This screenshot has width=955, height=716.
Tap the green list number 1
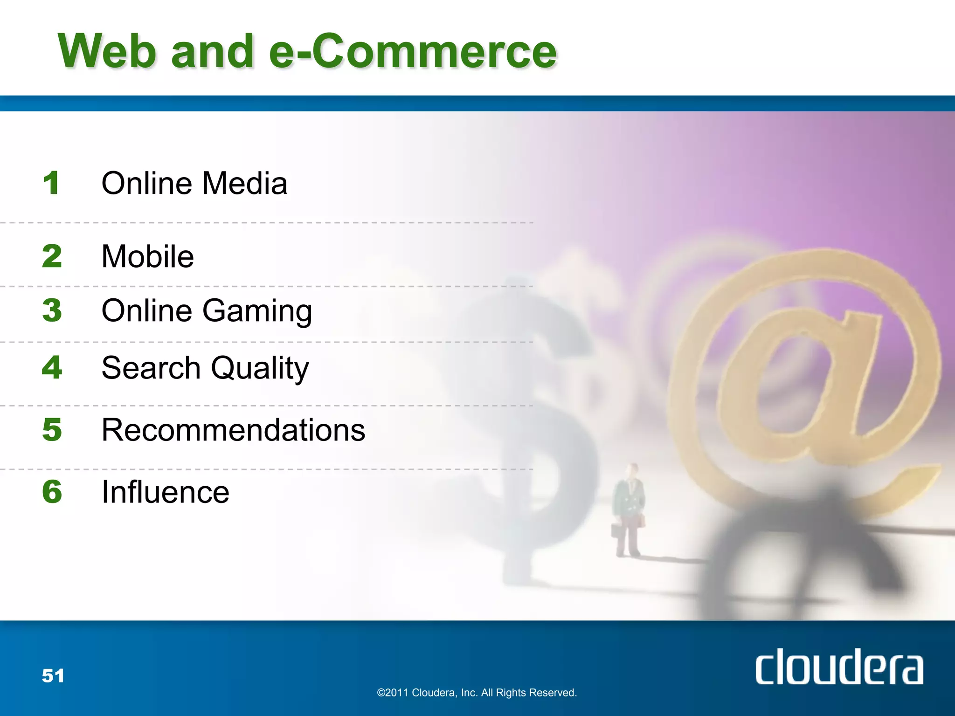[51, 183]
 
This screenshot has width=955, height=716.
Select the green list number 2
[52, 256]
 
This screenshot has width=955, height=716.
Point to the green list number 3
[52, 310]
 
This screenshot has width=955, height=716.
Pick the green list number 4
[52, 367]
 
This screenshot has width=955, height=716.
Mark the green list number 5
[52, 429]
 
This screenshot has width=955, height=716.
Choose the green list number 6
[52, 492]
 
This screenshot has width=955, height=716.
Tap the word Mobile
[147, 256]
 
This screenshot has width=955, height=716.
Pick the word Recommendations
[233, 430]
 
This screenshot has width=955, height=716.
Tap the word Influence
[166, 492]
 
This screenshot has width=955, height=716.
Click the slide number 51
[53, 675]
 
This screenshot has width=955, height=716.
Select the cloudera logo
[839, 667]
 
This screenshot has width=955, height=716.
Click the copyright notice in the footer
[477, 693]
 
